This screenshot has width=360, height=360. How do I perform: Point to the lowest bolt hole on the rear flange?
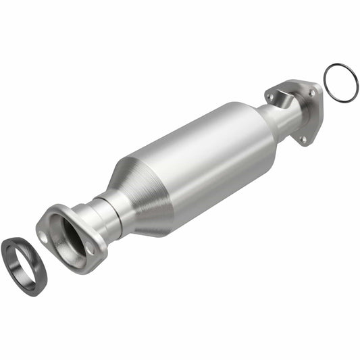(x=303, y=139)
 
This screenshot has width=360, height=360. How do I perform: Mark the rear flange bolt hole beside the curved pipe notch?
(x=270, y=98)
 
